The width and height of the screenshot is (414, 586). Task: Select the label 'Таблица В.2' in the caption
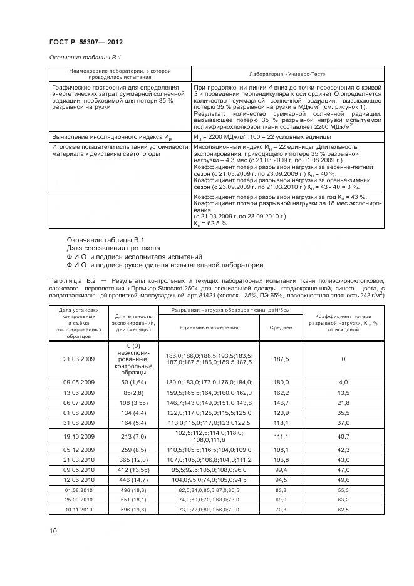tap(70, 282)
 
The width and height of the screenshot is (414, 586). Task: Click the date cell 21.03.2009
tap(78, 359)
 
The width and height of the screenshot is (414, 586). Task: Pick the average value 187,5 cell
tap(280, 359)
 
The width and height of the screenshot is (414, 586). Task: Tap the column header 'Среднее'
tap(280, 327)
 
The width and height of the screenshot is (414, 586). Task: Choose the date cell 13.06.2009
tap(78, 392)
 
